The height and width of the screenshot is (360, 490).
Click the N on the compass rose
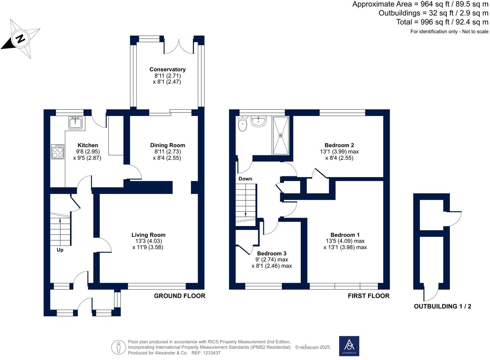tap(20, 39)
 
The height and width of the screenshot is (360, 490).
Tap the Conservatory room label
tap(168, 69)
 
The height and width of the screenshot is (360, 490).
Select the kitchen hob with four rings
tap(58, 151)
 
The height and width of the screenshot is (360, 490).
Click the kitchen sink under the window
tap(76, 123)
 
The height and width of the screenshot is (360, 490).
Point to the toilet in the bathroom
tap(242, 124)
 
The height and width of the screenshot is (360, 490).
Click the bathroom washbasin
tap(259, 121)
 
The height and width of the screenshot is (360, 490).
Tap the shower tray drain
tap(281, 136)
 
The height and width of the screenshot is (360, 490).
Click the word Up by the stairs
tap(60, 250)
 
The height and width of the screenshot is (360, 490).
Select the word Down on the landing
tap(245, 179)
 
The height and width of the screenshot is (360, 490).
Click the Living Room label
tap(148, 235)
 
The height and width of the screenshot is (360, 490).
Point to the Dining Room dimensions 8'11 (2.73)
tap(167, 151)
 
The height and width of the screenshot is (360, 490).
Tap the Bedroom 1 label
tap(345, 235)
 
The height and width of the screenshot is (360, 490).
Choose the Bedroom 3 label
tap(272, 254)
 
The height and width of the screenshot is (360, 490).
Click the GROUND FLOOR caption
tap(179, 296)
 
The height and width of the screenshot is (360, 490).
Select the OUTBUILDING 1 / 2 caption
tap(442, 306)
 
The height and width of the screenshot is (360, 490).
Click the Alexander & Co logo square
tap(349, 346)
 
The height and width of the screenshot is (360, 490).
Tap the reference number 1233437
tap(212, 353)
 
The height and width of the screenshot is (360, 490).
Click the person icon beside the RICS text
tap(119, 347)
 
